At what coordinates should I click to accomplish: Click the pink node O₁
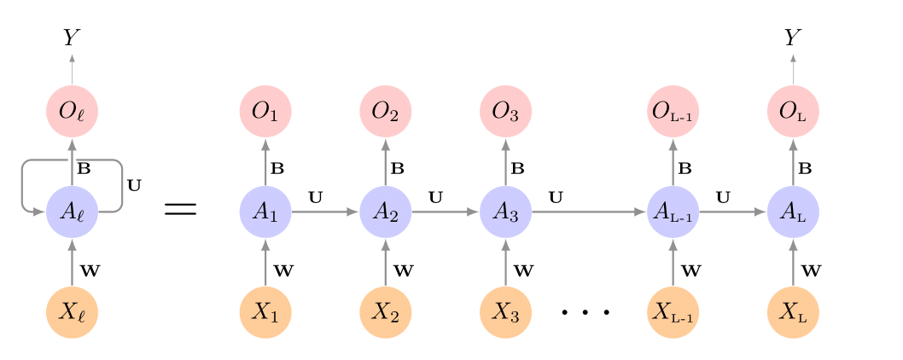click(x=265, y=111)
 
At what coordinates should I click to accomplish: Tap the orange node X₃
click(x=505, y=312)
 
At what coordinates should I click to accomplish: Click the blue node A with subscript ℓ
click(x=72, y=211)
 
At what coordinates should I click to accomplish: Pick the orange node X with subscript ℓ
click(x=72, y=312)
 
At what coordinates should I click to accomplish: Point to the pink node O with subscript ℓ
click(x=72, y=111)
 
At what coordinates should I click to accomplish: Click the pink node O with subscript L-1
click(x=673, y=111)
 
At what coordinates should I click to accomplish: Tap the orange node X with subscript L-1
click(x=673, y=312)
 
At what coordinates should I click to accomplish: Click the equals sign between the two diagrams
click(x=179, y=210)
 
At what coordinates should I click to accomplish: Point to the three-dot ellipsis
click(x=586, y=313)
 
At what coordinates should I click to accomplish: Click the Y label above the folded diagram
click(x=72, y=38)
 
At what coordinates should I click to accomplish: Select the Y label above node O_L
click(x=793, y=38)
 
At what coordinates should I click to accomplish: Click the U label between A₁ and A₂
click(x=315, y=198)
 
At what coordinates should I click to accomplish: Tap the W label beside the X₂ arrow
click(x=404, y=271)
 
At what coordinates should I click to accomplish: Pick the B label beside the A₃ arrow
click(x=517, y=169)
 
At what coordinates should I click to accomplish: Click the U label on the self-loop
click(x=134, y=183)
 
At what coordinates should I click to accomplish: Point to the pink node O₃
click(x=505, y=111)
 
